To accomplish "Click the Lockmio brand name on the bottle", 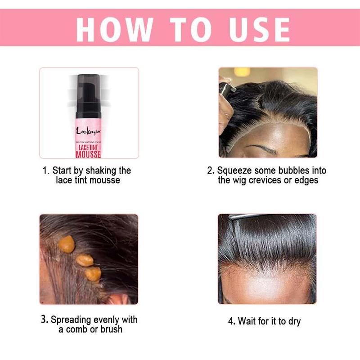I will (x=89, y=131).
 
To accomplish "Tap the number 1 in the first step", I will (x=45, y=171).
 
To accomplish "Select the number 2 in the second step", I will (x=210, y=171).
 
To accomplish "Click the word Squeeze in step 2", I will (x=234, y=171).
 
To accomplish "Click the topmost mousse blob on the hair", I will (x=67, y=243).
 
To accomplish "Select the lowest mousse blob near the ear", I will (x=94, y=274).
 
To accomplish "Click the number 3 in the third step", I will (x=44, y=319).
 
